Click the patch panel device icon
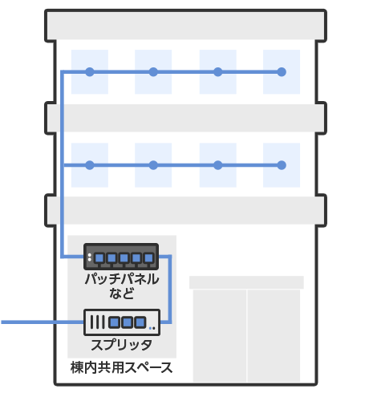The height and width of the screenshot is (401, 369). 121,257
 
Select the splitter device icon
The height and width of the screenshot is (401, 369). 122,322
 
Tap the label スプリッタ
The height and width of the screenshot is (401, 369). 122,345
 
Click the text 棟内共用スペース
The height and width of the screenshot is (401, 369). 122,367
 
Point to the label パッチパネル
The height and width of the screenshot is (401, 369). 122,279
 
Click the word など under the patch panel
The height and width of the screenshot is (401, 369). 122,294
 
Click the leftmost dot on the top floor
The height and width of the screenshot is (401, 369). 90,72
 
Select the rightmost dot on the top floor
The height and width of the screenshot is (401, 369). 282,72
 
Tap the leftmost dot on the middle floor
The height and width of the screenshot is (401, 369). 90,165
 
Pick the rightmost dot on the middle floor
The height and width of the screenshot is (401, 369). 282,165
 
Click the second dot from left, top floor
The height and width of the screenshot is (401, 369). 153,72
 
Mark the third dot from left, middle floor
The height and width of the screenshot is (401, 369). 218,165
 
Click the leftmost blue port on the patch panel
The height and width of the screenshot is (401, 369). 99,258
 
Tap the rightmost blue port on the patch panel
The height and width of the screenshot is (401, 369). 148,258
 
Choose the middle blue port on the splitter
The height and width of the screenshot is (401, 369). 128,322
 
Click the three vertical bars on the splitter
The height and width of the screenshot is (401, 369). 97,322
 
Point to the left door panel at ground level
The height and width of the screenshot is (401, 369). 220,336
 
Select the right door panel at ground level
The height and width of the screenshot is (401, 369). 274,336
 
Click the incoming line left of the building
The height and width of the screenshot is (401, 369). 43,322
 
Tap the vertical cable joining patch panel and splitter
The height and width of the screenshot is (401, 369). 170,290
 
